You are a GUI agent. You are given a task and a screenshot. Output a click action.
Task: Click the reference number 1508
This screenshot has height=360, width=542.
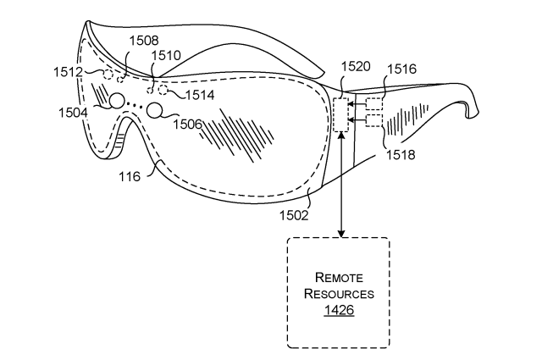click(x=144, y=41)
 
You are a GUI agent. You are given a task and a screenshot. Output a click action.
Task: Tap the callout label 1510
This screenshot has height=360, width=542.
click(x=166, y=55)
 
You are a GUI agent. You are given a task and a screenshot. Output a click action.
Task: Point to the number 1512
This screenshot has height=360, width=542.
click(x=68, y=72)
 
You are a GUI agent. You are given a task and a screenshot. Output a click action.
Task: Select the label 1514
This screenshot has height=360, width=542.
click(x=200, y=95)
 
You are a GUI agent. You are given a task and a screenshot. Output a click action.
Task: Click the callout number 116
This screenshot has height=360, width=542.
click(x=130, y=177)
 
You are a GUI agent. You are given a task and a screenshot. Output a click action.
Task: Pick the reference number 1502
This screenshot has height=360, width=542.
click(x=294, y=215)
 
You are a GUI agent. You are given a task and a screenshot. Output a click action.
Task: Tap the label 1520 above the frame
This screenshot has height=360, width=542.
click(x=356, y=66)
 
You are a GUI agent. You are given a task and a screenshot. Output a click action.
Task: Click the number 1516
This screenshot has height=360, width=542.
click(x=401, y=69)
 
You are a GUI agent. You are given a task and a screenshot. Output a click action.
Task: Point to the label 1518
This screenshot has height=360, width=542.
click(x=401, y=155)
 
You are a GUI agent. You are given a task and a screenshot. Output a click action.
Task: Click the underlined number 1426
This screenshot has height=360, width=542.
click(x=339, y=309)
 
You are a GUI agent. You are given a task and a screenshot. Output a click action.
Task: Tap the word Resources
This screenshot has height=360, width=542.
click(x=339, y=294)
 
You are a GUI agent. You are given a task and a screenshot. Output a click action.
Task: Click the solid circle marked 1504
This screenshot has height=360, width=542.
click(x=117, y=101)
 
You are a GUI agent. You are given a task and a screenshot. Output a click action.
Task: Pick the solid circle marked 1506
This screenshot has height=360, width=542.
click(x=154, y=110)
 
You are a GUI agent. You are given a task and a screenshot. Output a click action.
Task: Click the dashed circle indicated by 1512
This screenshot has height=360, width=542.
click(x=108, y=74)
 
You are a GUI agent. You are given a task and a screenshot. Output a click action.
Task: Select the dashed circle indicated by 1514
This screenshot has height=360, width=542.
click(x=163, y=91)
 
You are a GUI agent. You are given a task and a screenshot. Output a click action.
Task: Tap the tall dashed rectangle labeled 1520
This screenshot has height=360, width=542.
click(x=341, y=114)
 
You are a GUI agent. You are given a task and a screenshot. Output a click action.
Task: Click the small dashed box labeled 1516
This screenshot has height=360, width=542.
click(x=374, y=104)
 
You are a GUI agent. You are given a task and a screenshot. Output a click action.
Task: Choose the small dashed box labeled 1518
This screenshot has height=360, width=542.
click(x=374, y=120)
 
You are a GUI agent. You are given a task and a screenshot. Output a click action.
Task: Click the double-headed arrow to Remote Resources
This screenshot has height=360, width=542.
click(x=341, y=185)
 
